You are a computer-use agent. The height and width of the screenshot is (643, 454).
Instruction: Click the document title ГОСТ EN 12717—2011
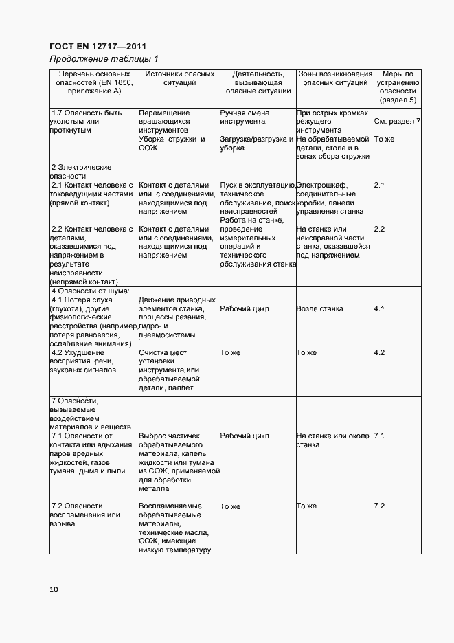[98, 46]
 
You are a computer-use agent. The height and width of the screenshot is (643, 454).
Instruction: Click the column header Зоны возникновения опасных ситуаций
[334, 78]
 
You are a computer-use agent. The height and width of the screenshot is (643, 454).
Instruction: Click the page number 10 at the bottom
[54, 589]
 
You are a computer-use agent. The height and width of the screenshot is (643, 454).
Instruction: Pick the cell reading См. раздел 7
[397, 122]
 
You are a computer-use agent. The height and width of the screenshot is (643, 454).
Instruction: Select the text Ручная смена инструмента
[245, 117]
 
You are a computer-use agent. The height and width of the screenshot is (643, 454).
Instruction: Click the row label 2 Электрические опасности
[81, 172]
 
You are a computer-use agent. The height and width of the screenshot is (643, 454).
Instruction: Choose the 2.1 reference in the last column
[379, 185]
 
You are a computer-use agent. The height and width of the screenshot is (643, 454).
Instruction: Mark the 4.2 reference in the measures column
[379, 352]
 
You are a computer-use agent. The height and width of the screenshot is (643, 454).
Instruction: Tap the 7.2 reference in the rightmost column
[379, 506]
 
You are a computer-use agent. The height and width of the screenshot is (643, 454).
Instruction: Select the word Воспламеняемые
[170, 506]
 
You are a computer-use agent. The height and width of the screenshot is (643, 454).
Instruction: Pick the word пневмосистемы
[167, 335]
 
